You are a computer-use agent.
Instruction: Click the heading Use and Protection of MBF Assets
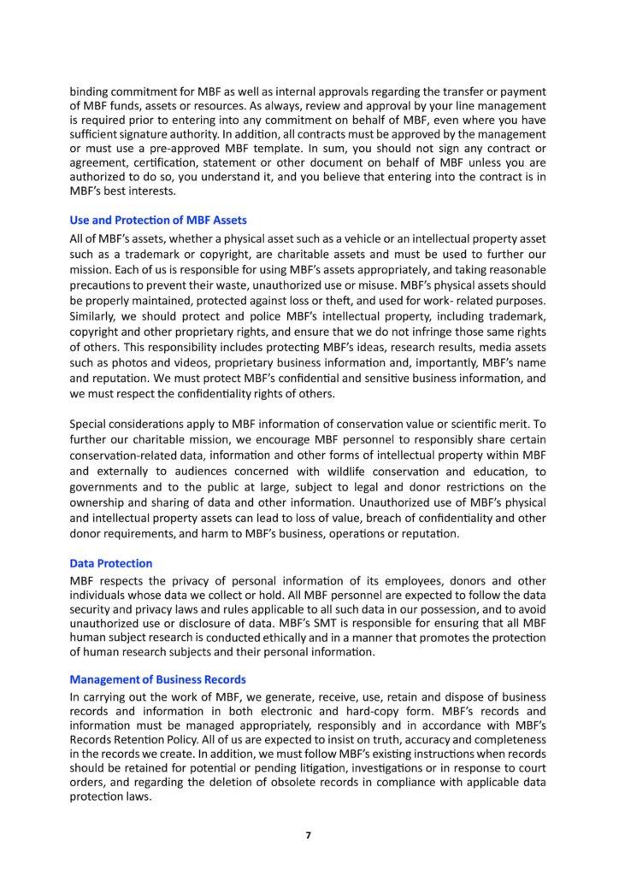coord(158,222)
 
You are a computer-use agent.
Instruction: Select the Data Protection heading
coord(111,564)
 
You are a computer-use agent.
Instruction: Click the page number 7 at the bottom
coord(309,835)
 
